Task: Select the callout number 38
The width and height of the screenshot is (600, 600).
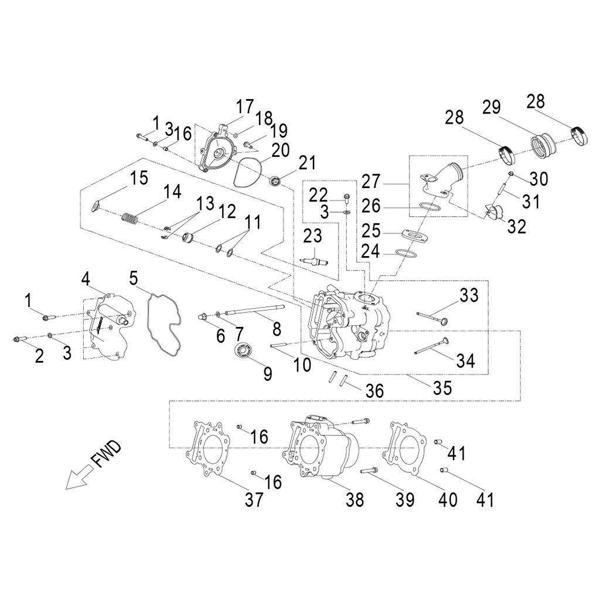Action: (x=354, y=500)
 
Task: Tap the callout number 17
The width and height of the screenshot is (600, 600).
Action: (x=245, y=107)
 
